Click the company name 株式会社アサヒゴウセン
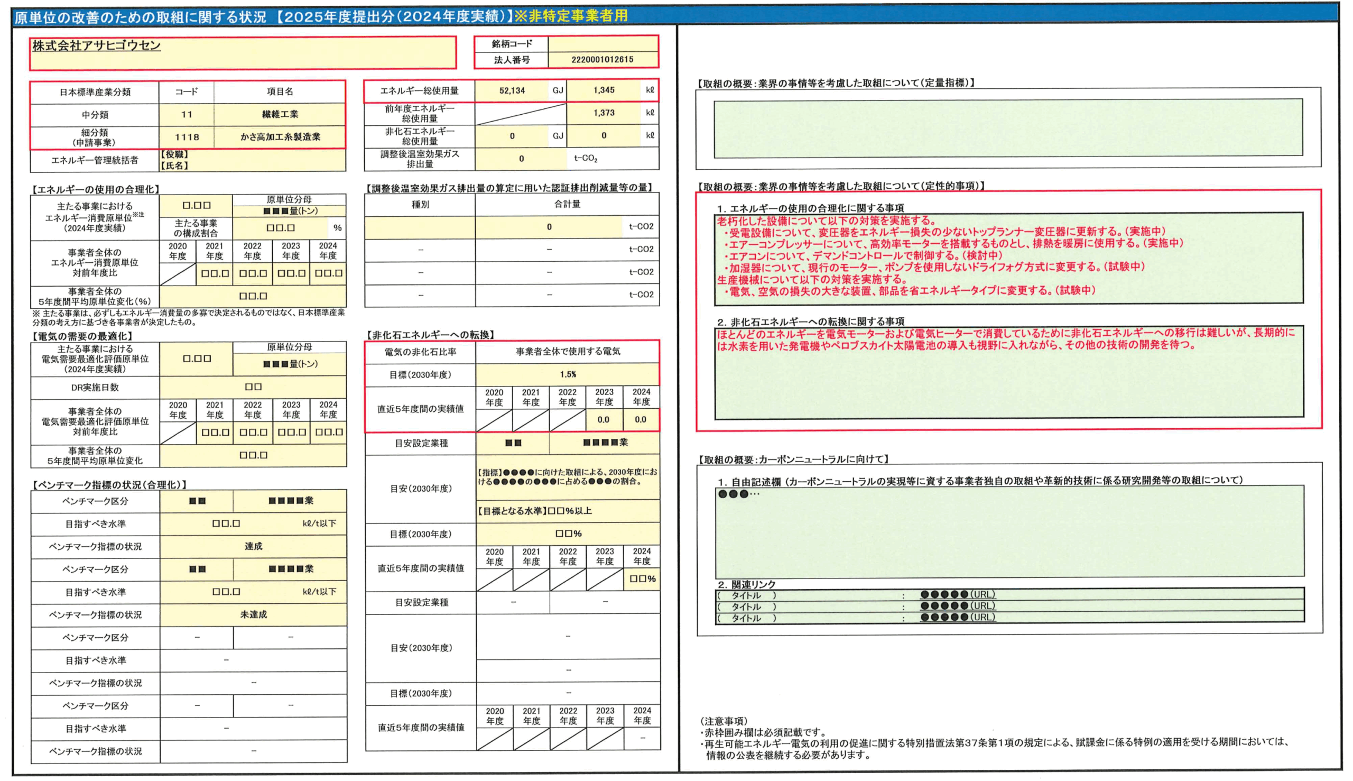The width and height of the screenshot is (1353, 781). click(x=97, y=46)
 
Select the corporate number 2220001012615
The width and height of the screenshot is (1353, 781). click(x=602, y=60)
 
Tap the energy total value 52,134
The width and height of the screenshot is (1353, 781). click(x=512, y=90)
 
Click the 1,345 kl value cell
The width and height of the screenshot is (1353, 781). click(x=604, y=90)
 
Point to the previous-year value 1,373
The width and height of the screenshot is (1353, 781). click(x=604, y=113)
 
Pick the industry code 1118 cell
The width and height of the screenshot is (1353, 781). click(x=187, y=137)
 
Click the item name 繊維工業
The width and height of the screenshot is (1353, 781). click(x=280, y=114)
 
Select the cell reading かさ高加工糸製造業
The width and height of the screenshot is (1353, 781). click(x=280, y=137)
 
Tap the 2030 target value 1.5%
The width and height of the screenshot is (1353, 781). click(x=568, y=374)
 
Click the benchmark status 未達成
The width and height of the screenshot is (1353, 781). click(x=253, y=615)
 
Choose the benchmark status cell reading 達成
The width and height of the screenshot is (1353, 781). click(x=253, y=547)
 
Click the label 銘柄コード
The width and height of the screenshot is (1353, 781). click(x=512, y=44)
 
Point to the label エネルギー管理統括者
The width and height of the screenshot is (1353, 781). click(x=95, y=160)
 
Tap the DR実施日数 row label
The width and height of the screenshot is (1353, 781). click(x=95, y=387)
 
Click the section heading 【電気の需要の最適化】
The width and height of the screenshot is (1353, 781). click(x=82, y=336)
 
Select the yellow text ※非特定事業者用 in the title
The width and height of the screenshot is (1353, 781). click(x=571, y=16)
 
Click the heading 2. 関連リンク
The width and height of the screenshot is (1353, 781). click(x=746, y=584)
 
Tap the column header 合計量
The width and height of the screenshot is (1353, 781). click(x=567, y=204)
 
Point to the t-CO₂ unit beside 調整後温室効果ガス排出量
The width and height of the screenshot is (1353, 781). click(x=586, y=159)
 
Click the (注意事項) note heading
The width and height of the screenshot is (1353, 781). click(x=724, y=721)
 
